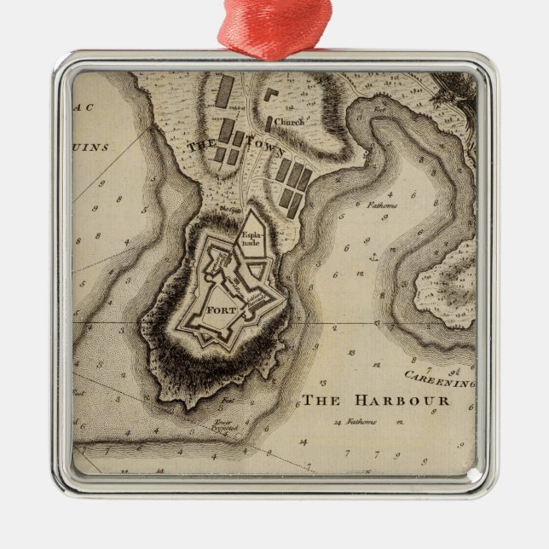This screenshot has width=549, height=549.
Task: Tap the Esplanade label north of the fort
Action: pyautogui.click(x=250, y=239)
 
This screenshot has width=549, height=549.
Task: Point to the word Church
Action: pyautogui.click(x=289, y=123)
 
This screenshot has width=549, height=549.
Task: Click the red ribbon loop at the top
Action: pyautogui.click(x=274, y=26)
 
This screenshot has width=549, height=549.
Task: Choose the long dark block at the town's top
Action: pyautogui.click(x=225, y=91)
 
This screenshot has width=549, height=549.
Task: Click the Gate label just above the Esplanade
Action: pyautogui.click(x=229, y=209)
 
